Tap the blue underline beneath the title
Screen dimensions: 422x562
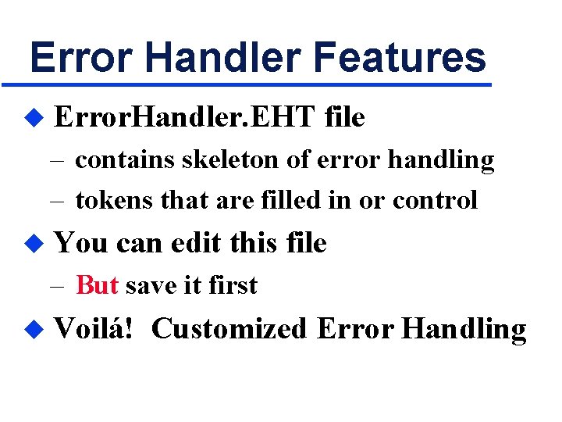point(247,84)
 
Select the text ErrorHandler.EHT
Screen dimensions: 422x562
point(183,117)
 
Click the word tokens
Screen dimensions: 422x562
point(115,200)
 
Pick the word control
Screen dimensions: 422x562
point(435,200)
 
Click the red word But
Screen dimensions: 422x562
point(97,285)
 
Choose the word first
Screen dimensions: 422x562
point(233,285)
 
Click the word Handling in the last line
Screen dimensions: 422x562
point(463,330)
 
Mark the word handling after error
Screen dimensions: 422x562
point(441,160)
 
